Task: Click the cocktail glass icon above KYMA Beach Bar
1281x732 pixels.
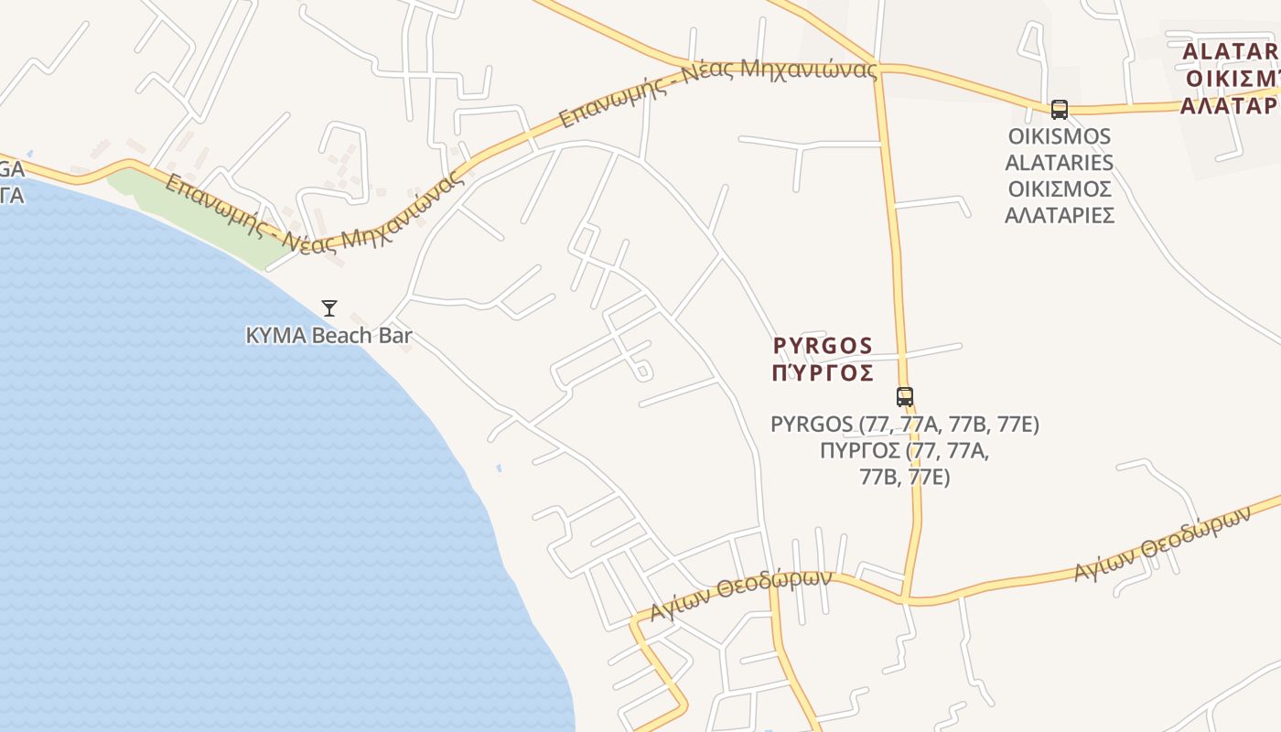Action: pos(329,308)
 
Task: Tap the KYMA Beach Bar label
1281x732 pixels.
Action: pos(329,336)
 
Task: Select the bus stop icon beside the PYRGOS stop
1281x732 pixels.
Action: pos(905,396)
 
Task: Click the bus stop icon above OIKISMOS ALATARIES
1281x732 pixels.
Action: pos(1060,110)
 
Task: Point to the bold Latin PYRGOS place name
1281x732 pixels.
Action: pos(823,346)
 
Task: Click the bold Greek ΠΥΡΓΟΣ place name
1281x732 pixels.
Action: pos(823,373)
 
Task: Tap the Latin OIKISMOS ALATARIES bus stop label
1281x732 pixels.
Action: pos(1060,150)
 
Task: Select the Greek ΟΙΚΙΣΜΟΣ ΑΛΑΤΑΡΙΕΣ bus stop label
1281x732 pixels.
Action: pos(1060,202)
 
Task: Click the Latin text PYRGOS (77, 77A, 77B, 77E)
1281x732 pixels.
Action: pos(905,425)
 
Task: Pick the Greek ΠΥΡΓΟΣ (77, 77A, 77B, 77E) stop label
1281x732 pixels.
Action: pos(905,464)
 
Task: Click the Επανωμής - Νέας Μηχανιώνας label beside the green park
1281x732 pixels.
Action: pos(311,212)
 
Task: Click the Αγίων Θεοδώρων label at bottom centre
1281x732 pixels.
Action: pos(741,594)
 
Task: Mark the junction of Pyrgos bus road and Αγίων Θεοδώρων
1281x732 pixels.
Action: pos(905,600)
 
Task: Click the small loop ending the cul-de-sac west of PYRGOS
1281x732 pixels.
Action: pos(642,371)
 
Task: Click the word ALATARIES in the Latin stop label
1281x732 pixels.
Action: pos(1060,163)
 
